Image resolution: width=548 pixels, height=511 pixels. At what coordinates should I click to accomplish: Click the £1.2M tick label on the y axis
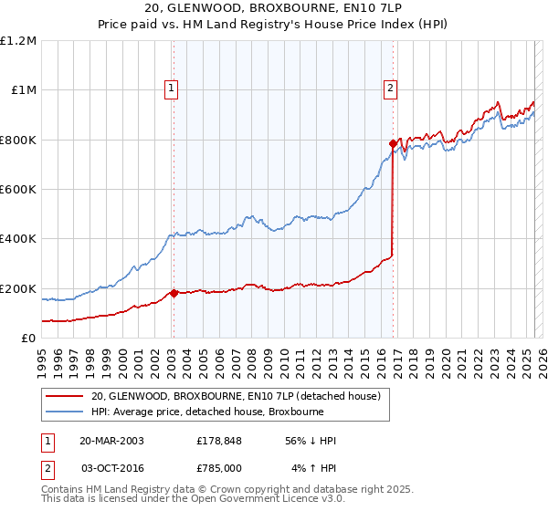pyautogui.click(x=18, y=41)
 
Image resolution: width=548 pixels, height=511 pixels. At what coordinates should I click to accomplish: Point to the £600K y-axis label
pyautogui.click(x=17, y=190)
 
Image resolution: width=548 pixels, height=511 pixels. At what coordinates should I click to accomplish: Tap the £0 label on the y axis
pyautogui.click(x=28, y=339)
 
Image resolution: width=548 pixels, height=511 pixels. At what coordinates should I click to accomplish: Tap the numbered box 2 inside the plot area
pyautogui.click(x=390, y=89)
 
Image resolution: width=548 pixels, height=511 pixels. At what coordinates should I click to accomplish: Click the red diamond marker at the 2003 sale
pyautogui.click(x=174, y=293)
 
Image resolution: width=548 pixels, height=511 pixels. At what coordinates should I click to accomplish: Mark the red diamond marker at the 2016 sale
pyautogui.click(x=393, y=143)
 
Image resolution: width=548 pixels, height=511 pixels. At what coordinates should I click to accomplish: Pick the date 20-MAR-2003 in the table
pyautogui.click(x=111, y=441)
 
